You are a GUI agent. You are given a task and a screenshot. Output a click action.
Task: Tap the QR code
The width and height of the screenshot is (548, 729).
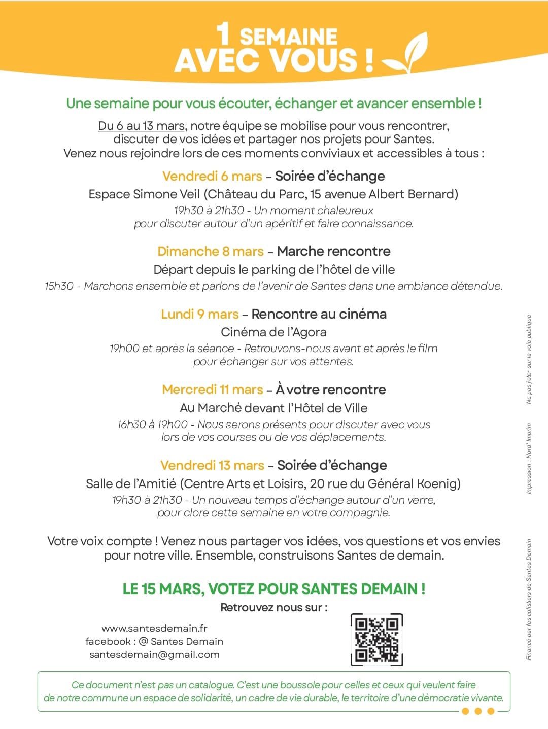click(x=376, y=640)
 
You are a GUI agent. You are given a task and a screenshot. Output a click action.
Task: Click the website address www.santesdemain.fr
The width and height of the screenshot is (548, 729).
click(x=154, y=628)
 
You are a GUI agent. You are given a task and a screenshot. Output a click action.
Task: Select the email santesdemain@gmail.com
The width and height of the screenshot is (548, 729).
click(x=154, y=654)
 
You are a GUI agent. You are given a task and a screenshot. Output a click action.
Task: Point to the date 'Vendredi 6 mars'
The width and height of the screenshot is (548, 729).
click(x=212, y=176)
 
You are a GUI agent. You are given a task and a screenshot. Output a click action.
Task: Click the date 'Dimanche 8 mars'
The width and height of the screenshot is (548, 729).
click(x=210, y=251)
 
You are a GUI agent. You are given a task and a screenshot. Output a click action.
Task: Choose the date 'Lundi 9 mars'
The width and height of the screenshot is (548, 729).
click(x=199, y=314)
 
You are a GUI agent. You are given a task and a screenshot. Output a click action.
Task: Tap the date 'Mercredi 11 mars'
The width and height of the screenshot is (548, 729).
click(x=212, y=389)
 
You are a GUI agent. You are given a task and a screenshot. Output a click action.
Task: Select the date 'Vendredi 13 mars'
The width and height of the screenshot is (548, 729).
click(x=212, y=465)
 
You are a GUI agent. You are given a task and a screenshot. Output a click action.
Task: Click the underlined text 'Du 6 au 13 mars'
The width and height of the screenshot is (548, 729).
click(x=141, y=126)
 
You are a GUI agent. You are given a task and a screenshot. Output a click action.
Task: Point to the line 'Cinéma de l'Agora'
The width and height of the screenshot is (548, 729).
click(x=273, y=332)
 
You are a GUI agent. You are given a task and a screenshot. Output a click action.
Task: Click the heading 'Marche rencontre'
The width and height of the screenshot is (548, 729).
click(x=333, y=251)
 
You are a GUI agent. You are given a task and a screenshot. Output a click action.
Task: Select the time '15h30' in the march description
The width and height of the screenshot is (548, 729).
click(x=59, y=286)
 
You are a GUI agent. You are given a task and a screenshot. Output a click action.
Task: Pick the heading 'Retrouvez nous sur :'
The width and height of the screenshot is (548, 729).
click(x=273, y=607)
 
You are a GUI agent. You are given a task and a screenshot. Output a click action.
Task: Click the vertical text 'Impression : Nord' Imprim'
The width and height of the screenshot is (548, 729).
click(x=529, y=459)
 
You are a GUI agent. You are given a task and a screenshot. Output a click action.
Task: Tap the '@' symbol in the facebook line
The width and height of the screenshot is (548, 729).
click(x=143, y=641)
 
